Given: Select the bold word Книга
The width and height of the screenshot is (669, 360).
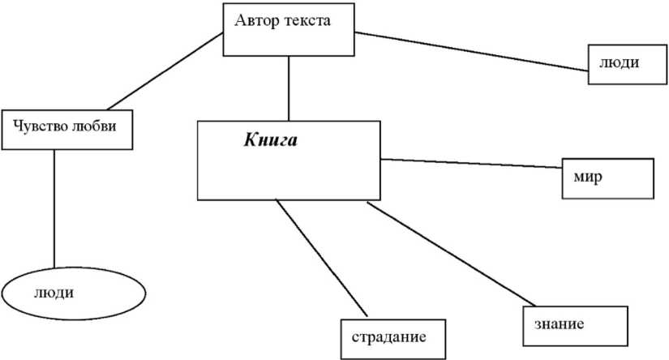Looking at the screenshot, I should tap(271, 140).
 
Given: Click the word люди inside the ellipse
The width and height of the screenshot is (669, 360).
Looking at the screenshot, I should tap(54, 292).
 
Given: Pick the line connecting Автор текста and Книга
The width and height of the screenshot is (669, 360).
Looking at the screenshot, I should tap(289, 89).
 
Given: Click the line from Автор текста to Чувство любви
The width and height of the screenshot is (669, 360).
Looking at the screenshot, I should tap(162, 71).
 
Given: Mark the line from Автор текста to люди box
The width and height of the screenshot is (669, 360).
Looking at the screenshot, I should tap(470, 52).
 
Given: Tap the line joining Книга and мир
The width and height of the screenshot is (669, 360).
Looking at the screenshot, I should tap(470, 163).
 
